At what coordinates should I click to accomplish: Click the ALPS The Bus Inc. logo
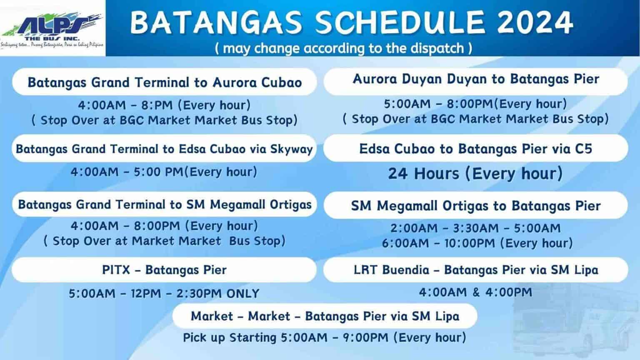[x=52, y=28]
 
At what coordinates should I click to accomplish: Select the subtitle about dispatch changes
[x=344, y=48]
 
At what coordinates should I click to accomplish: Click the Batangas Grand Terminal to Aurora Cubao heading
[x=165, y=82]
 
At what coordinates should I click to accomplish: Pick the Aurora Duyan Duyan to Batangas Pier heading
[x=476, y=79]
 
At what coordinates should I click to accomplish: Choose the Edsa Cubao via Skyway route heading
[x=164, y=149]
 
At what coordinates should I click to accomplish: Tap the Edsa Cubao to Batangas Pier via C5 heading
[x=476, y=149]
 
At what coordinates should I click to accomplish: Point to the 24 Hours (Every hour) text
[x=475, y=173]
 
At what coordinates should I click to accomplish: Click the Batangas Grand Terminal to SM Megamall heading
[x=165, y=205]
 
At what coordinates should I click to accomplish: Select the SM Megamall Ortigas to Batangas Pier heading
[x=476, y=206]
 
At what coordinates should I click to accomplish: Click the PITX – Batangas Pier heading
[x=164, y=270]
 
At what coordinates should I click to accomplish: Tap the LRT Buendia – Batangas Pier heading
[x=476, y=270]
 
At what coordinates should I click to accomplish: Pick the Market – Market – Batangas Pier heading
[x=325, y=316]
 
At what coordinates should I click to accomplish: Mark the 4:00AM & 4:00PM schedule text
[x=475, y=292]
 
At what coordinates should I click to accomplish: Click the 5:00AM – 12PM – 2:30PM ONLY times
[x=164, y=293]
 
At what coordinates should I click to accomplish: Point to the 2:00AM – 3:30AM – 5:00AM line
[x=475, y=228]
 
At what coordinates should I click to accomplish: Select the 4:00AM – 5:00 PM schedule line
[x=164, y=172]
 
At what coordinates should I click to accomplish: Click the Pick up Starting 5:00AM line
[x=325, y=337]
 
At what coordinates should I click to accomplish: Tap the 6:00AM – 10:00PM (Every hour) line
[x=477, y=243]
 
